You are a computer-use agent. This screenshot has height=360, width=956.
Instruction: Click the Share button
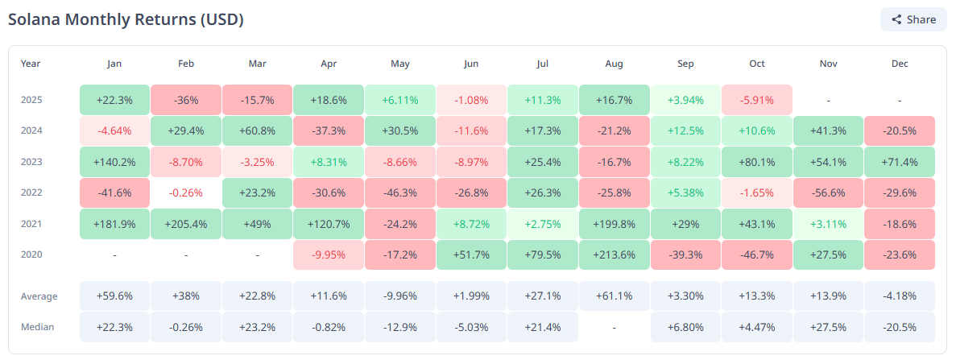[x=913, y=19]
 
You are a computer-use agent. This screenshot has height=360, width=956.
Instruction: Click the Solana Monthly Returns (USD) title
[x=126, y=19]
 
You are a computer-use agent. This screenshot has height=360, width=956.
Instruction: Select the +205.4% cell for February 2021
[x=185, y=223]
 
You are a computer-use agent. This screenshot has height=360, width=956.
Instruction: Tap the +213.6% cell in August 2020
[x=614, y=254]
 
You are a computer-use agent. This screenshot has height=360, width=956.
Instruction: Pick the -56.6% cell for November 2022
[x=828, y=192]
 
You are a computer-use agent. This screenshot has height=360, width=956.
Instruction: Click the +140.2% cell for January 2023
[x=114, y=162]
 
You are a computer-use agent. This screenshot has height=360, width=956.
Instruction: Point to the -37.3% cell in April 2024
[x=328, y=130]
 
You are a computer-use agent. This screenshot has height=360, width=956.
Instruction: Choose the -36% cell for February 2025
[x=185, y=100]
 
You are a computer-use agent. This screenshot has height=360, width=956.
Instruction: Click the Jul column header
[x=542, y=64]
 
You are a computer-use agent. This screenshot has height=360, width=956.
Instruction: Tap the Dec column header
[x=900, y=64]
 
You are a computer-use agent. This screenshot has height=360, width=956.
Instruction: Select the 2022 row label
[x=31, y=192]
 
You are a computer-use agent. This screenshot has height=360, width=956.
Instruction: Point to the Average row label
[x=39, y=296]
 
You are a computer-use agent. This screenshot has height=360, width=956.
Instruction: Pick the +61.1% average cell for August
[x=614, y=296]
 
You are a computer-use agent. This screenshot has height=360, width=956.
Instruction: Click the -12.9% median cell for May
[x=399, y=327]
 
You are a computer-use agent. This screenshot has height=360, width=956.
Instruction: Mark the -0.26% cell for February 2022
[x=185, y=192]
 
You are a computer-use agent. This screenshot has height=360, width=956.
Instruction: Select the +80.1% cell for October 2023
[x=756, y=162]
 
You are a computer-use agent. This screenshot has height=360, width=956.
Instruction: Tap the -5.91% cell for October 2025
[x=756, y=100]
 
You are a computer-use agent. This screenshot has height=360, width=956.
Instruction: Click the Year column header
[x=31, y=64]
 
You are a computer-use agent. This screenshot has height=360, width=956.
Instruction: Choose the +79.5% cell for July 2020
[x=542, y=254]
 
